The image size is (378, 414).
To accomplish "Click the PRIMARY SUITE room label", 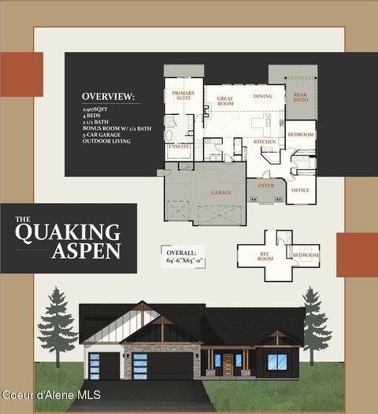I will [x=183, y=96].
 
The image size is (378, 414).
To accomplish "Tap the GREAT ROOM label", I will [x=225, y=100].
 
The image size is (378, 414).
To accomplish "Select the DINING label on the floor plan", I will [x=263, y=96].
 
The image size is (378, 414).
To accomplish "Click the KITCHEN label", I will [x=265, y=141].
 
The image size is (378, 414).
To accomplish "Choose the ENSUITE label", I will [x=179, y=146].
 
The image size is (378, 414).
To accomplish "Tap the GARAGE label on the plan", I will [x=220, y=192].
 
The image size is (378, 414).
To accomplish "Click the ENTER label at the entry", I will [x=265, y=186].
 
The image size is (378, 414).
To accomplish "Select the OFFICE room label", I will [x=300, y=190].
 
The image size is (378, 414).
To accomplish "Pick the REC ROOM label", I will [x=265, y=256].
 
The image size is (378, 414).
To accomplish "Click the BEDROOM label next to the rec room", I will [x=306, y=255].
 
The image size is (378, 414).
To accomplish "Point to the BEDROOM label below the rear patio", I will [x=300, y=135].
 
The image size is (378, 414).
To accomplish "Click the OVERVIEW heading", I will [x=108, y=97].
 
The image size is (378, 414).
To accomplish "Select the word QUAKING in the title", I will [x=68, y=232].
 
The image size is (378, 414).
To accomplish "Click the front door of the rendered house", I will [x=228, y=364].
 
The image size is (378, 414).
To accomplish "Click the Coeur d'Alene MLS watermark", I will [x=50, y=394].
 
